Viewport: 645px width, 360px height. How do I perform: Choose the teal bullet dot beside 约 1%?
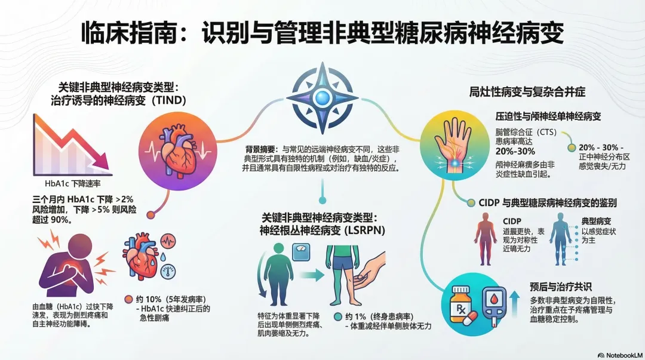340,316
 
